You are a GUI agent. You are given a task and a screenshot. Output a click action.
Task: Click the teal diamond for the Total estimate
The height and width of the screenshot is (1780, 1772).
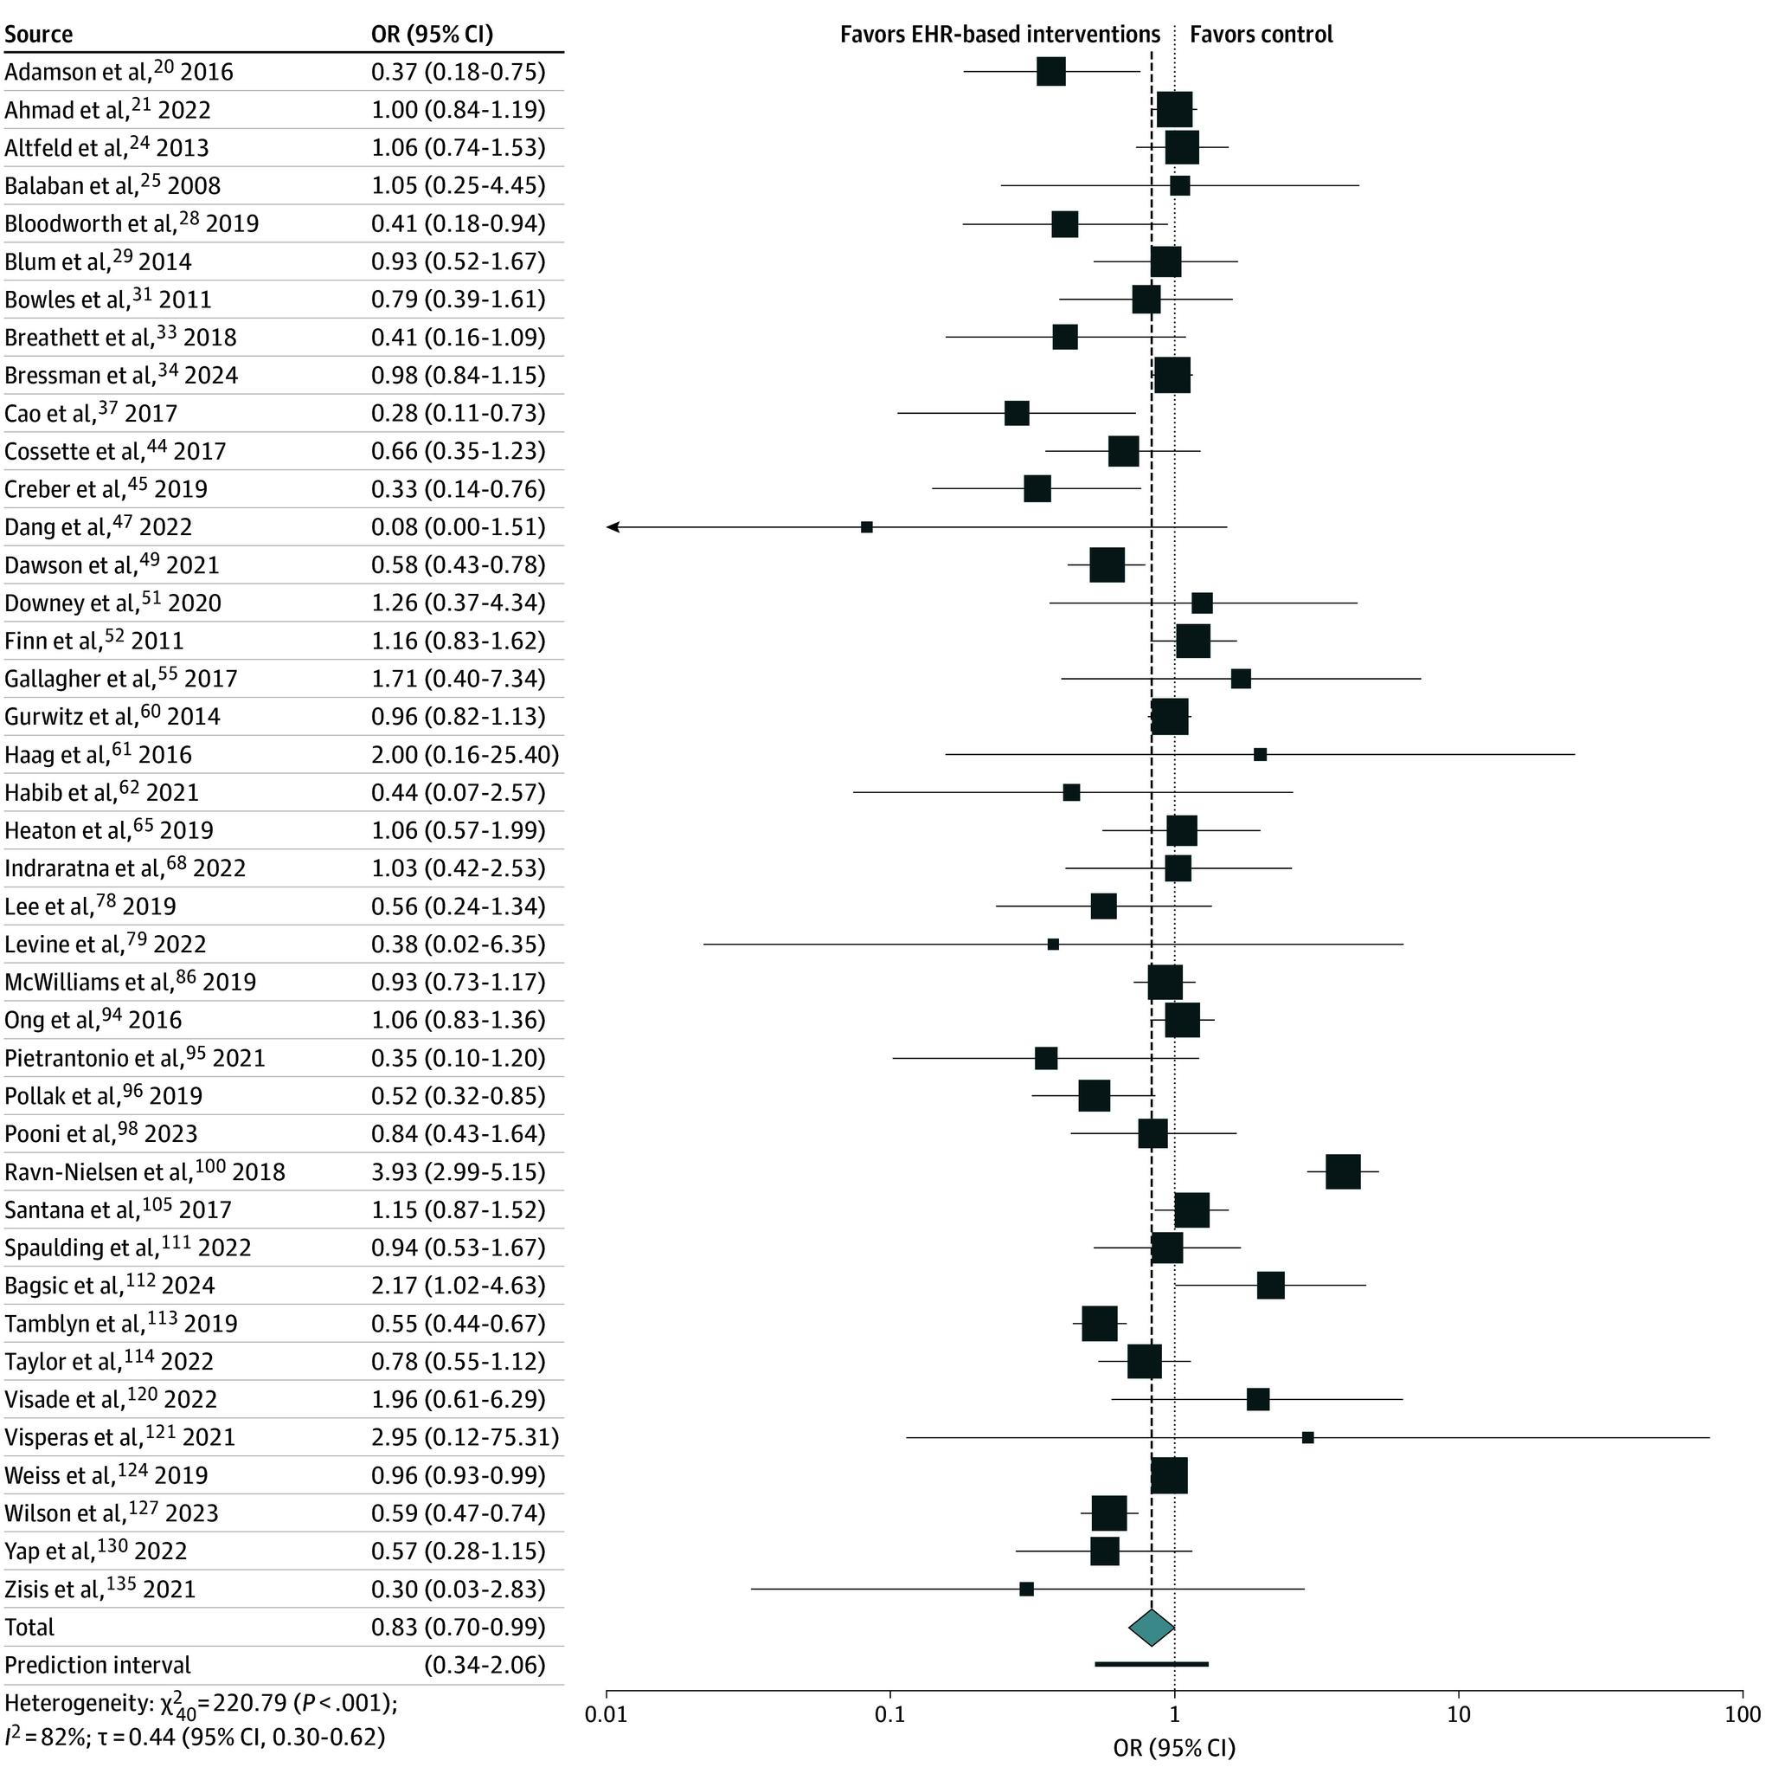(x=1152, y=1628)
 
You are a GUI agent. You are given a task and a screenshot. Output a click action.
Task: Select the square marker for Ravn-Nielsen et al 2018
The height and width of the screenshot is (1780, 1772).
(x=1343, y=1172)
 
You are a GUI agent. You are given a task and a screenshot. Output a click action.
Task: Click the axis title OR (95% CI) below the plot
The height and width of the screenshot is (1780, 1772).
(x=1173, y=1747)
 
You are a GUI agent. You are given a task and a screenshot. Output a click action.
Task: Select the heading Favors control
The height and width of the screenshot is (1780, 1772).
(x=1261, y=35)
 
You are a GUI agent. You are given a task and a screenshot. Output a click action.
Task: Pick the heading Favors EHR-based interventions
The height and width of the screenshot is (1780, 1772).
(x=999, y=35)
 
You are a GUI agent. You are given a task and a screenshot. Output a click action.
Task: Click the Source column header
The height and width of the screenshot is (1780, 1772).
(x=39, y=35)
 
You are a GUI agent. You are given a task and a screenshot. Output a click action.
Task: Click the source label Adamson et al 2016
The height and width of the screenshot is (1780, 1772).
(x=119, y=72)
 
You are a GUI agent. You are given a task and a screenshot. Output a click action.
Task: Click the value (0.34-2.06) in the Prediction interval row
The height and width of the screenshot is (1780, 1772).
(x=485, y=1666)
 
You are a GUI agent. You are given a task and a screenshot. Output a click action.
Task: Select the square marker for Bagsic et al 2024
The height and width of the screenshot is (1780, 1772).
(x=1270, y=1286)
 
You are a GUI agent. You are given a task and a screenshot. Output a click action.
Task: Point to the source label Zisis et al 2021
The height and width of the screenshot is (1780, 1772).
(x=100, y=1590)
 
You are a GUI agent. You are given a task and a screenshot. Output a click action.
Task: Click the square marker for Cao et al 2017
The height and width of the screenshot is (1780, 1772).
(x=1017, y=413)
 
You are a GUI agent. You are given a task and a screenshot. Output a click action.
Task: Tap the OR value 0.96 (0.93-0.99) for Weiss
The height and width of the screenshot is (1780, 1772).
(x=458, y=1476)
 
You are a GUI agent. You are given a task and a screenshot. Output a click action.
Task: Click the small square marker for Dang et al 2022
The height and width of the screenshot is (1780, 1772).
(x=867, y=527)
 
